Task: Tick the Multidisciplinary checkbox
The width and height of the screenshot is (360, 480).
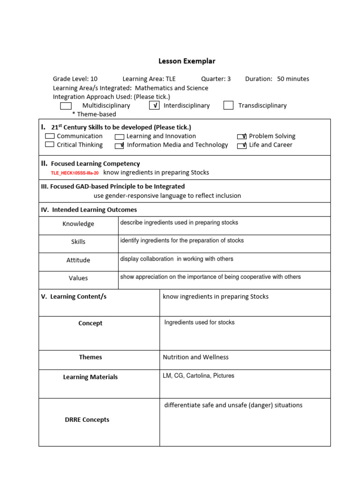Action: pos(66,105)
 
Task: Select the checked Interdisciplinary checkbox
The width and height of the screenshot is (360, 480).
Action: pos(154,105)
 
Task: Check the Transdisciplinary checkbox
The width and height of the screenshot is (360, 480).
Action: pos(228,105)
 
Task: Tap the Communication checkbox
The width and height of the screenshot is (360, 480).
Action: pos(50,136)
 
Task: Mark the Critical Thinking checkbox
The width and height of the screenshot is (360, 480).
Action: pos(50,145)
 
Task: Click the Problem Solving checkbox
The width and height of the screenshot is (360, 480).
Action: pos(242,136)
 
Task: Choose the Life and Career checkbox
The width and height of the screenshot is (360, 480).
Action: pos(242,145)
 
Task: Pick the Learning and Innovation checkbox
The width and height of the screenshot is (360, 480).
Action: pos(120,136)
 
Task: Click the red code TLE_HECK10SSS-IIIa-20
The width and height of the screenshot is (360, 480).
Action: pos(75,173)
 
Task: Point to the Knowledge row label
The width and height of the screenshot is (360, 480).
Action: pos(78,224)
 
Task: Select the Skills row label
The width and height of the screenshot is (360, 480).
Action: pos(78,242)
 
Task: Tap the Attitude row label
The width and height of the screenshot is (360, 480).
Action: pos(78,260)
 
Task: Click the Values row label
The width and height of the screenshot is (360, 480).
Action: pos(78,278)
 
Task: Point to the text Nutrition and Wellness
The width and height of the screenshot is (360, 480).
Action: pos(195,357)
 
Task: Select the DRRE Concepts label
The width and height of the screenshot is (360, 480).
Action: pos(87,420)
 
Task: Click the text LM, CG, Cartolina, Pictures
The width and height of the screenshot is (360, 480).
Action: pos(198,375)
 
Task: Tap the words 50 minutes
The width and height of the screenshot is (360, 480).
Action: pos(293,79)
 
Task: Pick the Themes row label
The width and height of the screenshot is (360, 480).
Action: pos(90,357)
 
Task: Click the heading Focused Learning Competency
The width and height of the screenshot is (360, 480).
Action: pos(95,164)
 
